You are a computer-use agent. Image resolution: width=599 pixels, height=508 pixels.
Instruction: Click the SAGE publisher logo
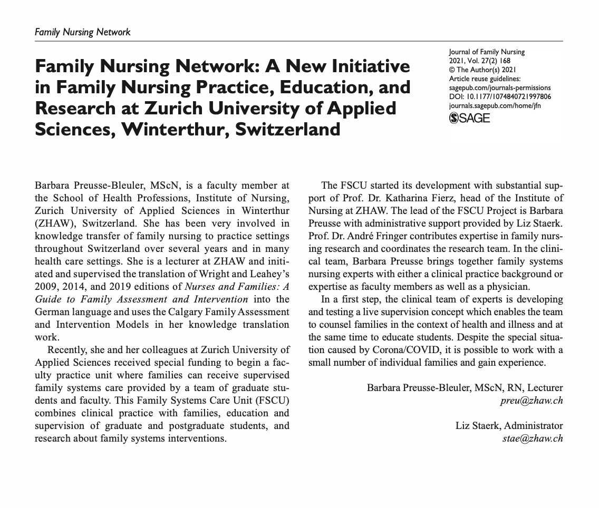pos(469,118)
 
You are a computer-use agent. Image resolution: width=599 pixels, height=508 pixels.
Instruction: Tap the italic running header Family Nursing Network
pos(82,32)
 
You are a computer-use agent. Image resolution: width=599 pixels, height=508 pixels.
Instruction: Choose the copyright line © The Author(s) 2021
pos(482,70)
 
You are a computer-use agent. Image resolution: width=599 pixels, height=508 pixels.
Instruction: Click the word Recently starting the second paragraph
pos(67,350)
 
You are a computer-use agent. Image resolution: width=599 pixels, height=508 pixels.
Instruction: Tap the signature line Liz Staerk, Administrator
pos(509,426)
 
